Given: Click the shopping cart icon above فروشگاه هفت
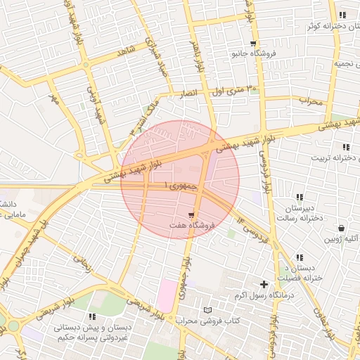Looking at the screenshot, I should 191,214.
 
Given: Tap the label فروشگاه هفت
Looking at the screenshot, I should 192,226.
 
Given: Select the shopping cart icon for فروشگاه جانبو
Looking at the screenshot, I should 253,44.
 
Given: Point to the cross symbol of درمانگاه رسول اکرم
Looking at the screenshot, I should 264,284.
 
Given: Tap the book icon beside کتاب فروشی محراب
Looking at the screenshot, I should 207,310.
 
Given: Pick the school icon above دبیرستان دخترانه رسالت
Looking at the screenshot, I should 300,197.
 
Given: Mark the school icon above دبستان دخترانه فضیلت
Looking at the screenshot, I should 300,257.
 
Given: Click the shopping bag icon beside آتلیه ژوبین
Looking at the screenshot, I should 342,229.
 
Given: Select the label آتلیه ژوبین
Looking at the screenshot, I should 340,239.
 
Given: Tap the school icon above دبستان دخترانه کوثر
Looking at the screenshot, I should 342,15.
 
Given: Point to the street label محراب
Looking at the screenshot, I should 310,101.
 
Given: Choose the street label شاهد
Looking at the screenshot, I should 127,51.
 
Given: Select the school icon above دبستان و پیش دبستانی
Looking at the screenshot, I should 94,317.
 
